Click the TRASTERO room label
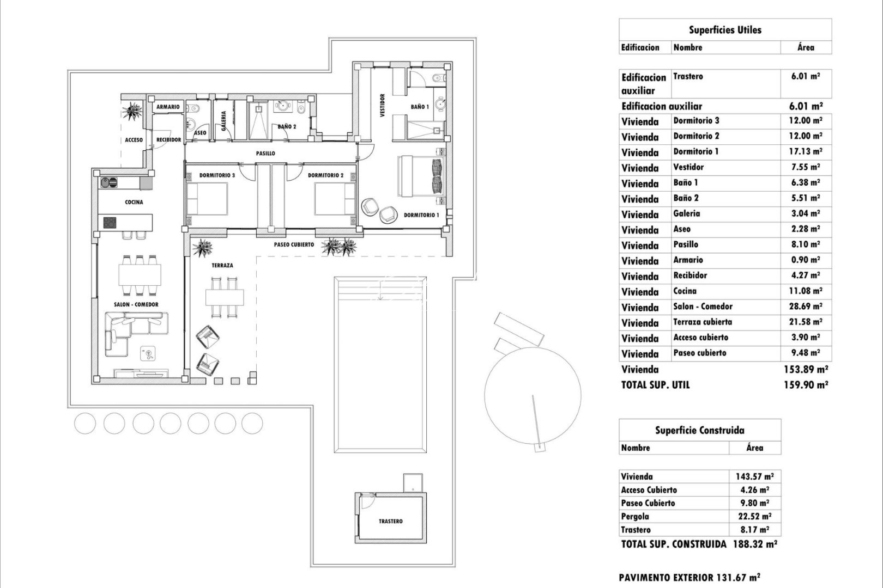click(x=391, y=522)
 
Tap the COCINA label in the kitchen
click(x=134, y=203)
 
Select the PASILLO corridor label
click(x=265, y=154)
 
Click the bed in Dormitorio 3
click(x=207, y=198)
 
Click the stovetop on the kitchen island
click(x=110, y=223)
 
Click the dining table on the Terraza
click(x=225, y=297)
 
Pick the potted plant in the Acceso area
click(x=132, y=112)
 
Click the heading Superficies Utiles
click(x=725, y=30)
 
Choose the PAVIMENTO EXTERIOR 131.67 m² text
click(x=690, y=578)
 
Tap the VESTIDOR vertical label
click(x=382, y=105)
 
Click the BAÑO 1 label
click(x=420, y=107)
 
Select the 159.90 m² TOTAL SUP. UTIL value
click(x=806, y=385)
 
